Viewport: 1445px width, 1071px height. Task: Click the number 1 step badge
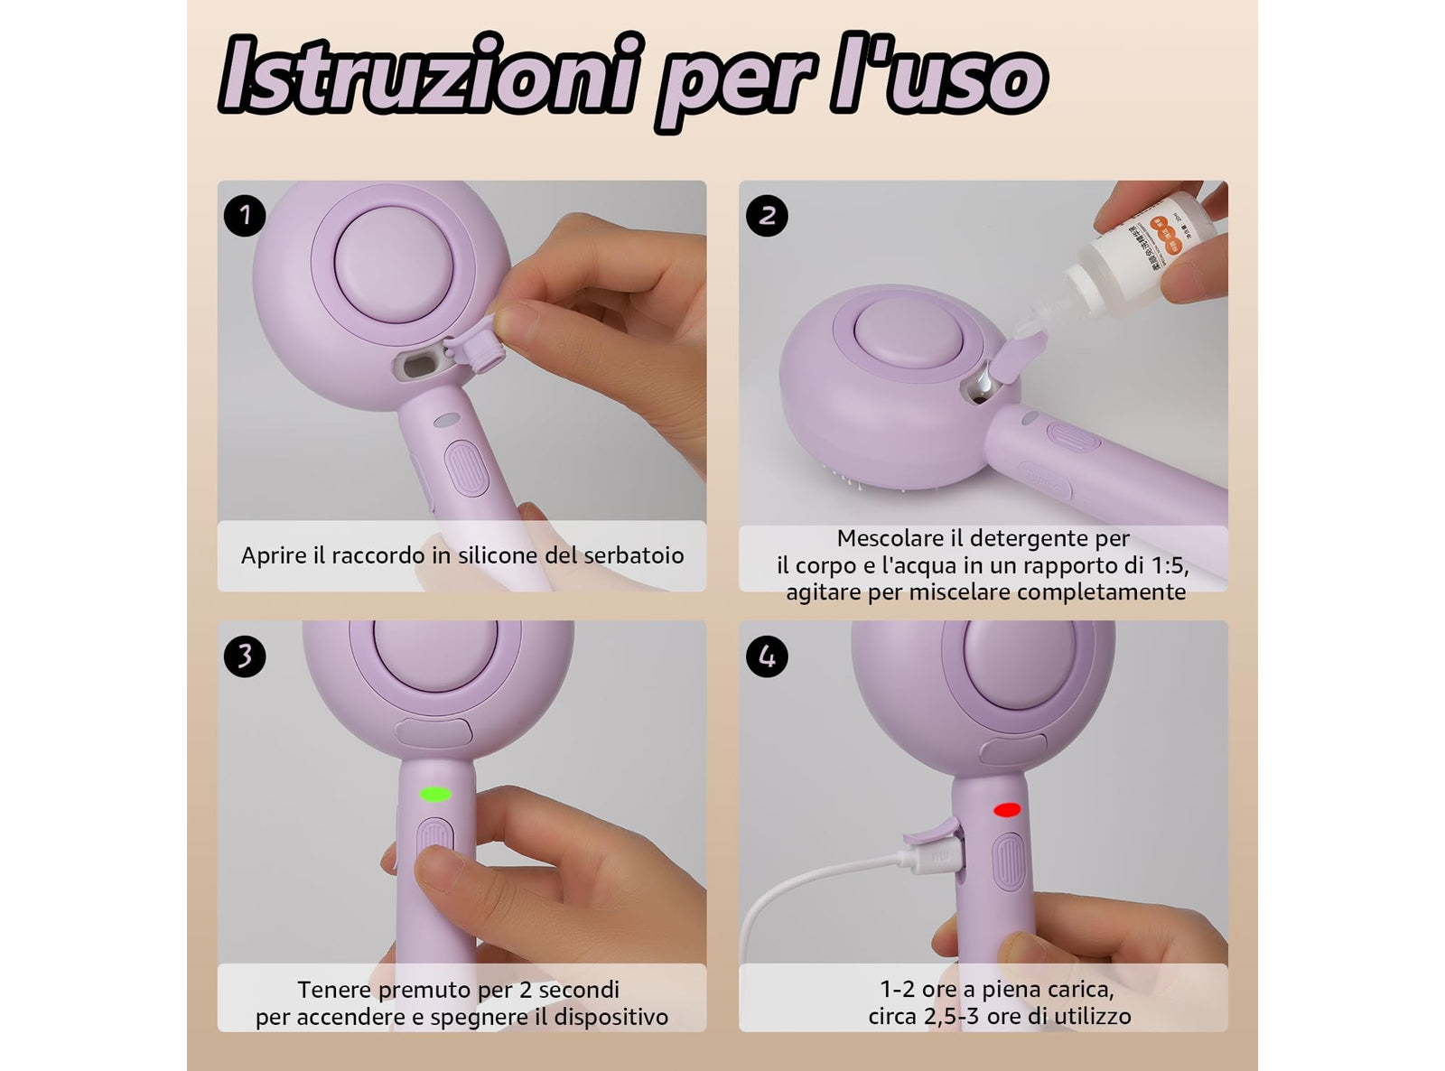point(244,216)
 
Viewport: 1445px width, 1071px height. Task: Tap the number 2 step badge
point(767,216)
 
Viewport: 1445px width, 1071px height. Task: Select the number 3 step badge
point(244,656)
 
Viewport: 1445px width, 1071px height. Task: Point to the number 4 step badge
point(767,656)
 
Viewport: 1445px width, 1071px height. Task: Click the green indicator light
point(435,795)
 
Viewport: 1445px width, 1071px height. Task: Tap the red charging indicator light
point(1006,810)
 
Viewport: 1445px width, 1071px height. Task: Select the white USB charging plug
point(931,852)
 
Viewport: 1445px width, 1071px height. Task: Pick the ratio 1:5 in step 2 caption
point(1164,565)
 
